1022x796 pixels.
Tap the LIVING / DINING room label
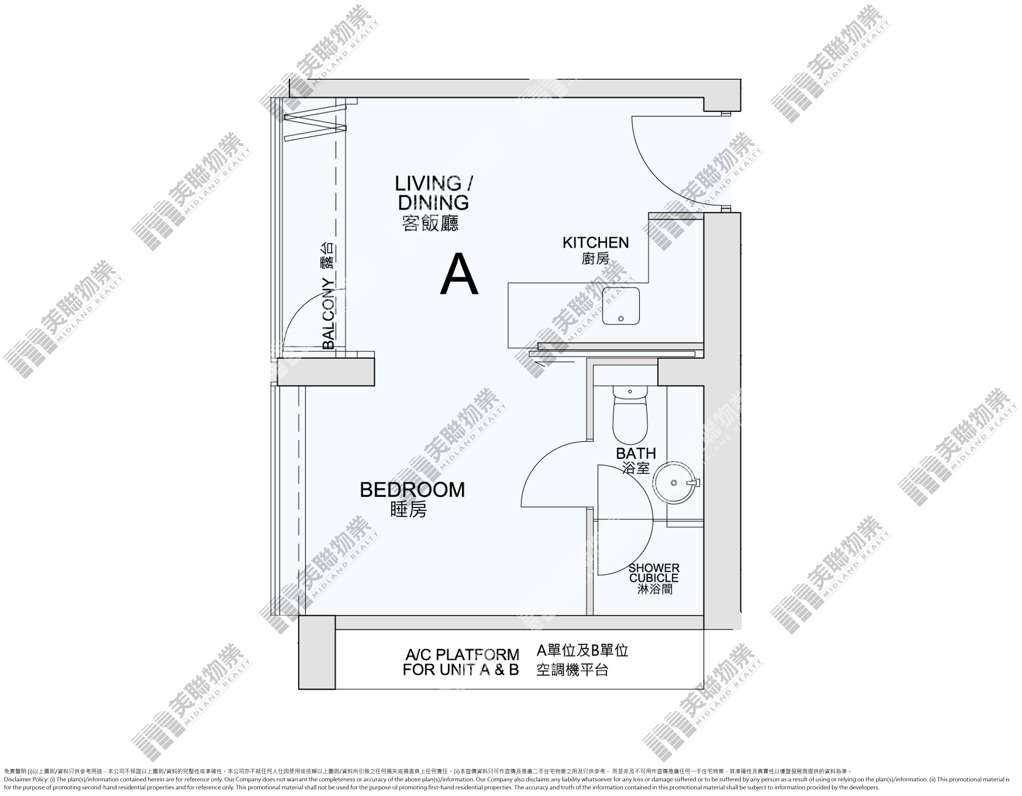point(433,193)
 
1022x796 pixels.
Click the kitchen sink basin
point(620,306)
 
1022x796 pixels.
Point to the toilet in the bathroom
point(630,415)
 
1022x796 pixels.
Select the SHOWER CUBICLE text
point(654,573)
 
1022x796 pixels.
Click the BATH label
point(636,453)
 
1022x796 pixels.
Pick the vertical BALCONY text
point(329,314)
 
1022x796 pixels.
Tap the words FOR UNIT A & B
point(461,670)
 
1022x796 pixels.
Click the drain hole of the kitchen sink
point(621,319)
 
